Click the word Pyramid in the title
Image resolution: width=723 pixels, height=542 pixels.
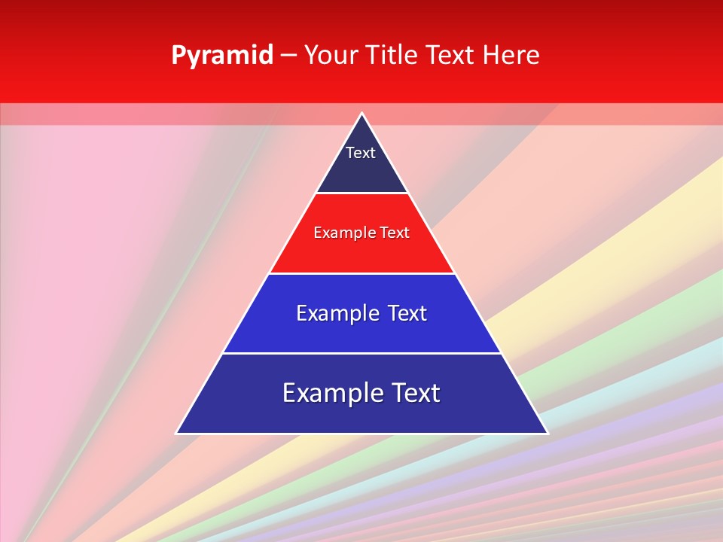pos(222,56)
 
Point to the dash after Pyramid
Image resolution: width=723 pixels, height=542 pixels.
pos(288,56)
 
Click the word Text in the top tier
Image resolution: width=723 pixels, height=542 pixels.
pos(361,153)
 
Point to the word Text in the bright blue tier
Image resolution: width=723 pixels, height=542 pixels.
pos(407,313)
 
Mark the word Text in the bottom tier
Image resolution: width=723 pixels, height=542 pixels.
pos(416,393)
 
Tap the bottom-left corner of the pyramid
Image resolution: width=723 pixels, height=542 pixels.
pos(177,433)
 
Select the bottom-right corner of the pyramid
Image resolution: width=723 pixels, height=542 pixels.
pos(547,433)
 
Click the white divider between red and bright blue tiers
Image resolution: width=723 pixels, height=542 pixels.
pos(362,273)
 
